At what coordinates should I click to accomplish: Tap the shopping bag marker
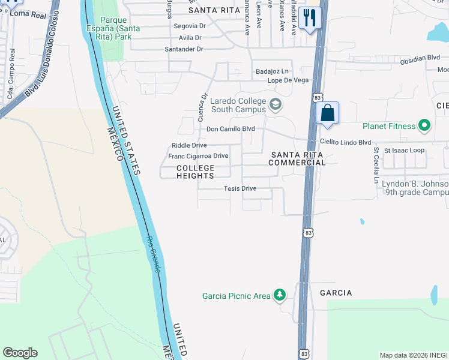[x=328, y=113]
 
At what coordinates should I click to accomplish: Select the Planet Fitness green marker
[x=425, y=126]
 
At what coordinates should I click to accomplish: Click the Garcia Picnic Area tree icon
[x=279, y=295]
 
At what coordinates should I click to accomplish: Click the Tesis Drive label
[x=240, y=188]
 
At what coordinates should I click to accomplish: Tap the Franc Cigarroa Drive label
[x=198, y=156]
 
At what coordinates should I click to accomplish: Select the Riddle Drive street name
[x=189, y=145]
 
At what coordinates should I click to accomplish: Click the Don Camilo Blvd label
[x=231, y=129]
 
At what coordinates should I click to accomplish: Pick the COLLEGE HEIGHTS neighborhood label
[x=196, y=172]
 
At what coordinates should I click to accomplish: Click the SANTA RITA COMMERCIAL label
[x=297, y=158]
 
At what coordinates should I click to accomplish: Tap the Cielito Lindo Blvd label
[x=346, y=142]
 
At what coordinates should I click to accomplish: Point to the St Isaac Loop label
[x=404, y=150]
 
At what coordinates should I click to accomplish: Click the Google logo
[x=20, y=353]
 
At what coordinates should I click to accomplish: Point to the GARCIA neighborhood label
[x=336, y=293]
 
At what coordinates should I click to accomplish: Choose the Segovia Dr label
[x=190, y=26]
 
